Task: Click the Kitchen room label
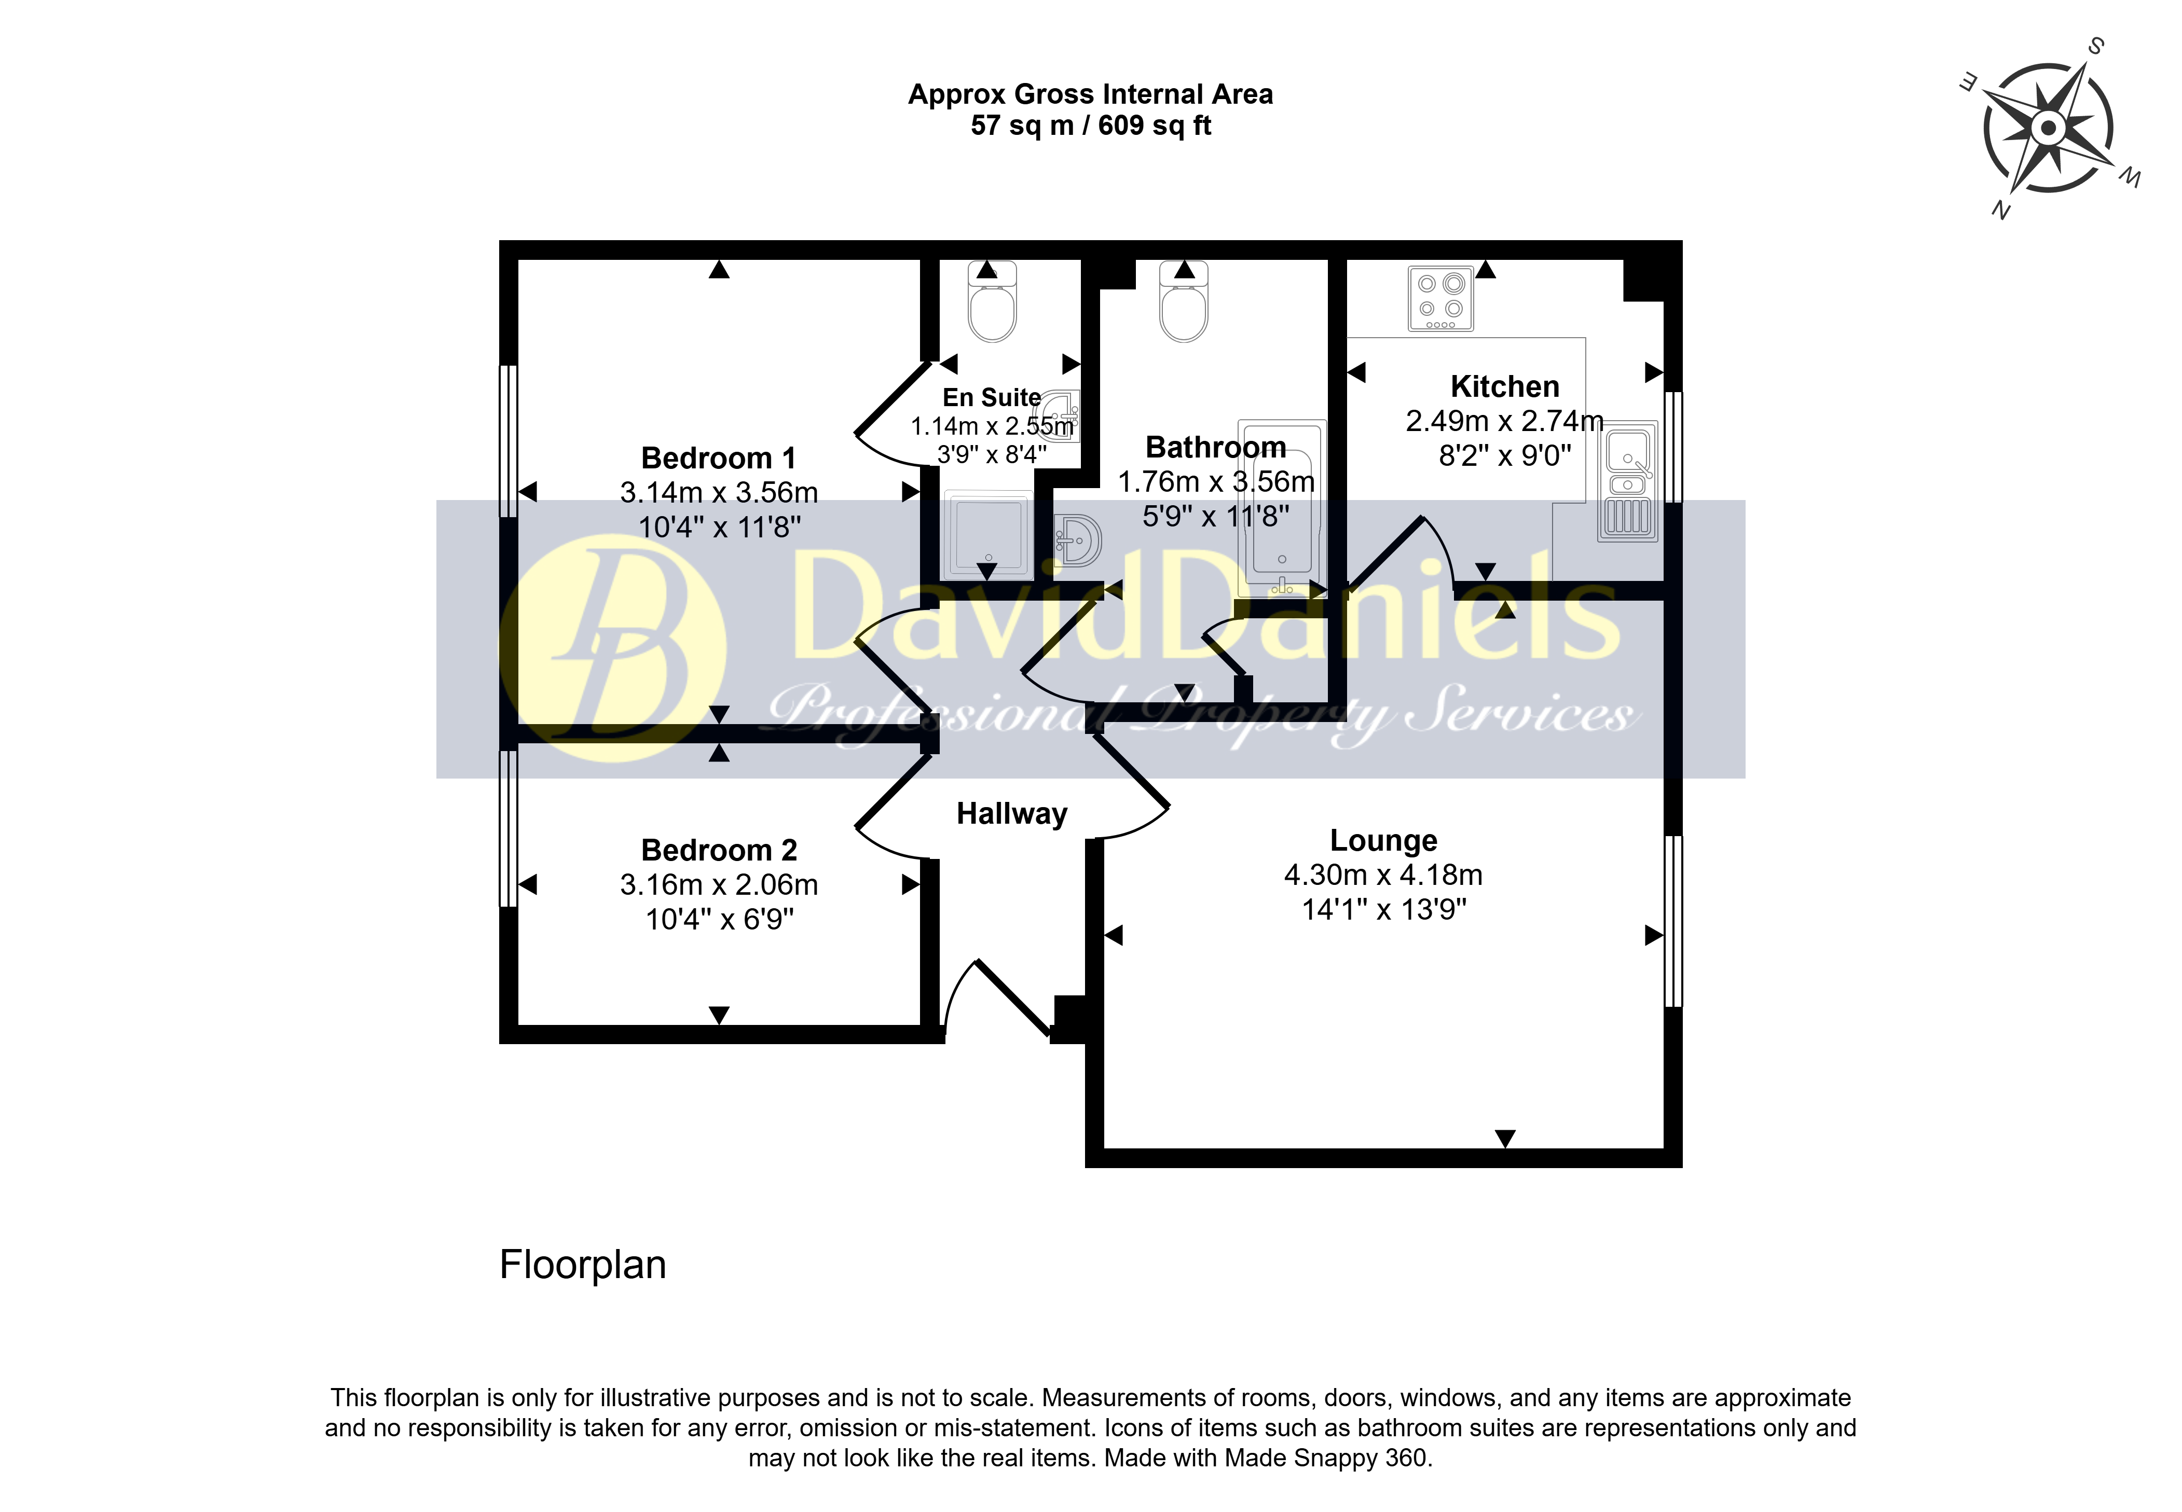(1504, 386)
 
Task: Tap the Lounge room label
(1383, 840)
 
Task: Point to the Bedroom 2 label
(719, 850)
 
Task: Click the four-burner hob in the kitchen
(1440, 298)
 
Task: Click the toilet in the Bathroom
(1184, 301)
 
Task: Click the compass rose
(2049, 128)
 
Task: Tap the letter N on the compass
(2000, 210)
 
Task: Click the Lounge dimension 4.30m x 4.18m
(1383, 875)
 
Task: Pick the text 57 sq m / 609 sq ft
(1091, 125)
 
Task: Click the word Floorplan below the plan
(583, 1265)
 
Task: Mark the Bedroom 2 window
(509, 829)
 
